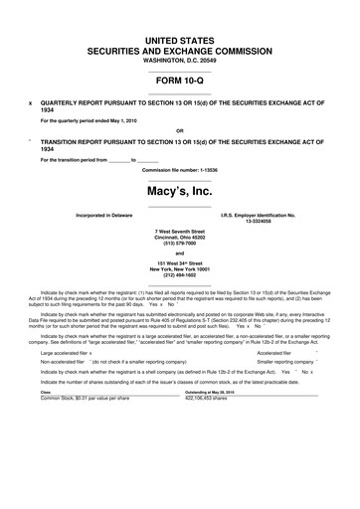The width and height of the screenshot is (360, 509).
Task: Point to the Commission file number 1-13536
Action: [x=180, y=169]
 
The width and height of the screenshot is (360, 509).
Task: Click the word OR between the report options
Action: [x=179, y=130]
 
